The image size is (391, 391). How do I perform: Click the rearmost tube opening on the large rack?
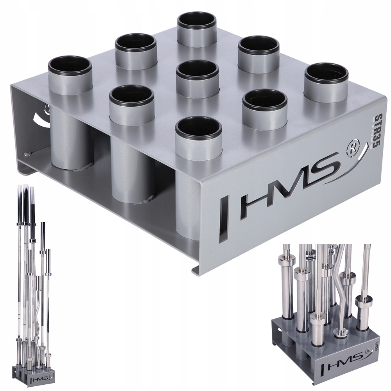coord(197,21)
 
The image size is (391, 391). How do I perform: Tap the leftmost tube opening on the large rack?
coord(70,66)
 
